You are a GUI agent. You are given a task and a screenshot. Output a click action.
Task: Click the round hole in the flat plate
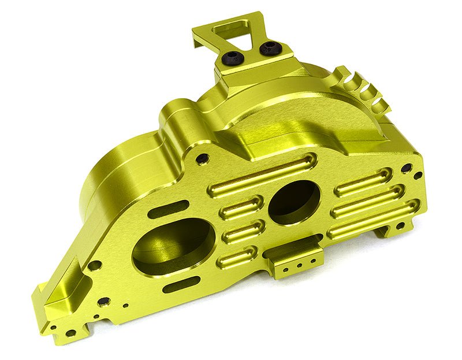294,202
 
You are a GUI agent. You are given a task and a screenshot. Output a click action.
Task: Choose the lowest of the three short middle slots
237,257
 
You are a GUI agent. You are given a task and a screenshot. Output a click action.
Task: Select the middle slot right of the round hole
367,200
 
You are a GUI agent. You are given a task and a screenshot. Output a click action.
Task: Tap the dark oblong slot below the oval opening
181,285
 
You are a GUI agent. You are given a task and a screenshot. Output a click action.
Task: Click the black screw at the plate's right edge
407,168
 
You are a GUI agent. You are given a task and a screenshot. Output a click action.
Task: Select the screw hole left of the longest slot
202,159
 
